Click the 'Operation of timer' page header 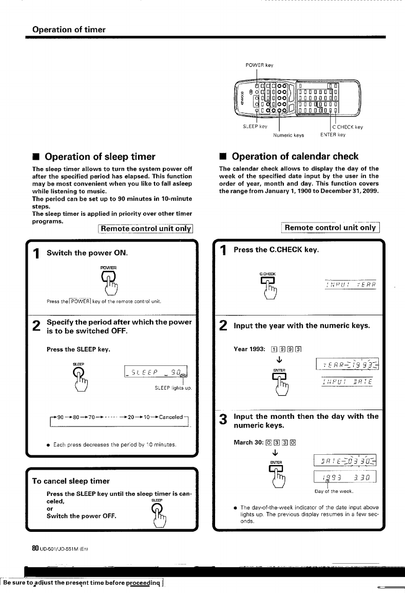[69, 29]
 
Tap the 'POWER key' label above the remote [260, 65]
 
